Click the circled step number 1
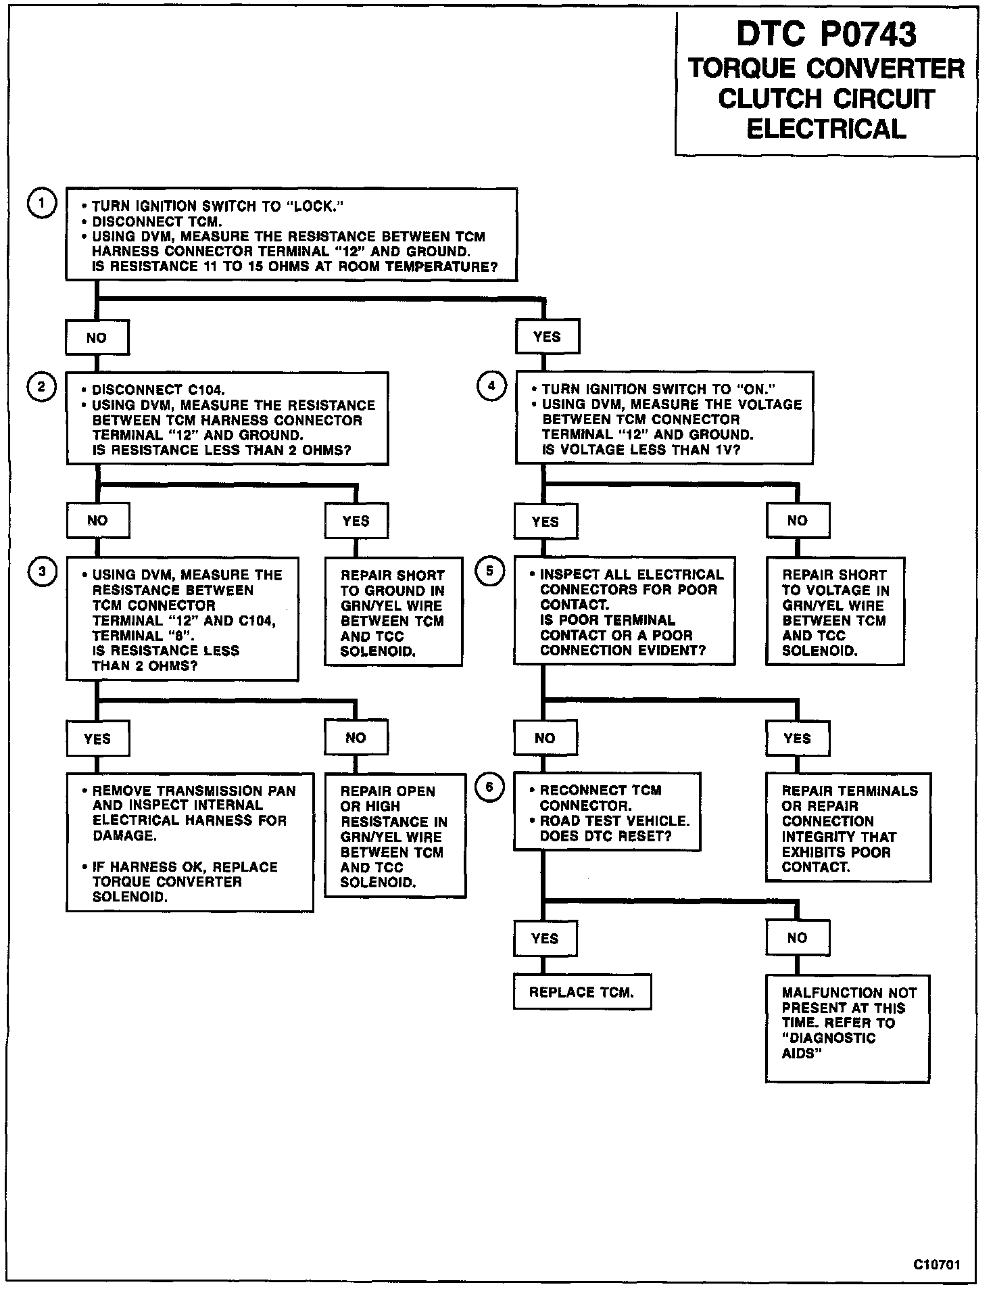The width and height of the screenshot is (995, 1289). point(42,204)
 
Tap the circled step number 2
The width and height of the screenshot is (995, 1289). point(42,387)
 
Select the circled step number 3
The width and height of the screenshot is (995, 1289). point(42,572)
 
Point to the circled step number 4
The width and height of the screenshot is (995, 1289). point(491,386)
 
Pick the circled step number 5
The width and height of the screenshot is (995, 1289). point(490,571)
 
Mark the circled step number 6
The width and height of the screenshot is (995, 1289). point(490,787)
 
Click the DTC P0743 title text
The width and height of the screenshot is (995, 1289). point(826,34)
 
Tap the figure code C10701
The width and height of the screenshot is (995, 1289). point(937,1265)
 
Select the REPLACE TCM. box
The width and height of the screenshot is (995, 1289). point(582,992)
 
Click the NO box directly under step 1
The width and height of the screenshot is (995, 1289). point(97,337)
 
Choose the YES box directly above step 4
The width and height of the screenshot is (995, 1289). point(547,336)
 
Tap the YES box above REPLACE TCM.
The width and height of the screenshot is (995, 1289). point(545,939)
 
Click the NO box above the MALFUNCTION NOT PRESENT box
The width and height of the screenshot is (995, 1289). point(797,938)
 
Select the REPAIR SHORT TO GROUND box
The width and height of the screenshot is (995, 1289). point(393,613)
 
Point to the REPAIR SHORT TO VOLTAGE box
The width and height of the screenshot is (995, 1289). point(834,612)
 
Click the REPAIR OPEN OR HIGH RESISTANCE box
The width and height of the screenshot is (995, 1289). point(395,836)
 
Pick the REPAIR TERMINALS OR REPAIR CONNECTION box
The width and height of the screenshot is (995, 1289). point(848,828)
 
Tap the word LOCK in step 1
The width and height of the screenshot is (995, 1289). point(314,206)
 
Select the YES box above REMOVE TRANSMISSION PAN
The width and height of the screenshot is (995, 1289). point(97,739)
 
